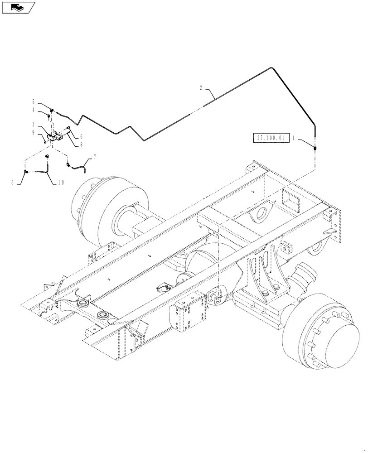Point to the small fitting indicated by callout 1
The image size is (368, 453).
click(x=315, y=148)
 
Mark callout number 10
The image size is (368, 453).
click(x=62, y=183)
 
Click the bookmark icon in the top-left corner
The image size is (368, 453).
click(x=18, y=7)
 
